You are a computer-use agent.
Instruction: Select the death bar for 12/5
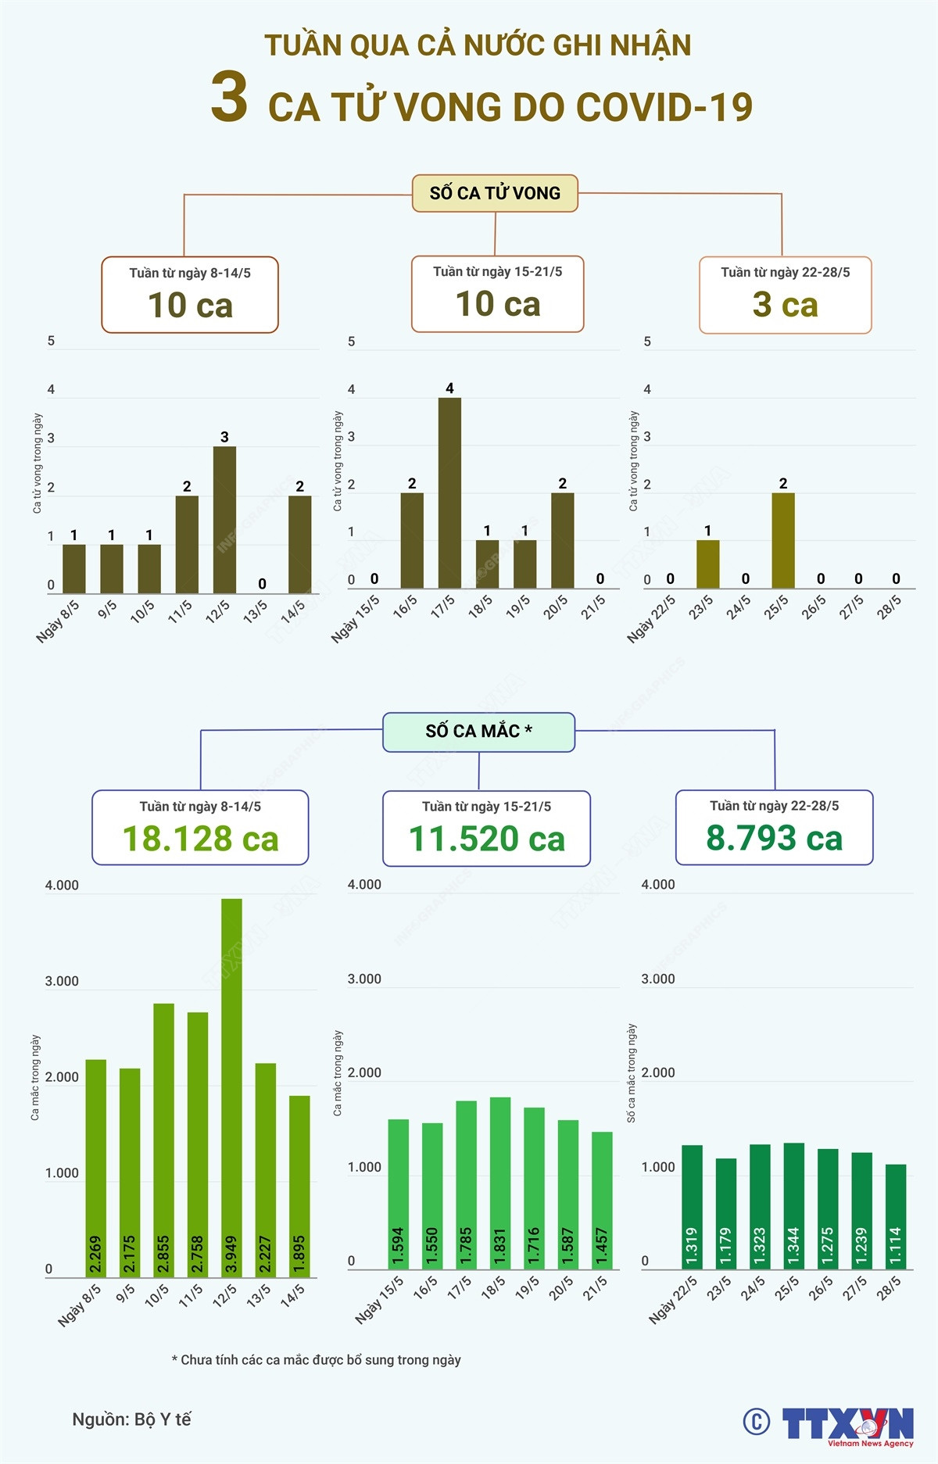224,520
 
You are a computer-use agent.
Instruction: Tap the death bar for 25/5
783,540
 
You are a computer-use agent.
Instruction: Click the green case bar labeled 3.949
231,1086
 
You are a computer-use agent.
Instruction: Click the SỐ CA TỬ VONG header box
495,193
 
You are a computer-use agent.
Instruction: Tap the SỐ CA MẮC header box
478,732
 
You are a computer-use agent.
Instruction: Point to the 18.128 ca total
200,839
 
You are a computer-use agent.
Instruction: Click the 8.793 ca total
774,838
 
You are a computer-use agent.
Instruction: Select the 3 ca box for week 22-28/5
785,295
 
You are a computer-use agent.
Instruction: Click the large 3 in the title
229,98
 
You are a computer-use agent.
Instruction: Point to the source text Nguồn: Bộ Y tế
131,1419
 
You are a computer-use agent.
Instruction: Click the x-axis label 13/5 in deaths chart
256,611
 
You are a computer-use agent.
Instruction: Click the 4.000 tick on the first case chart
62,886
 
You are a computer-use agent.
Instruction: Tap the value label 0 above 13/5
262,584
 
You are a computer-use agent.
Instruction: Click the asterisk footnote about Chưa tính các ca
316,1360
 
